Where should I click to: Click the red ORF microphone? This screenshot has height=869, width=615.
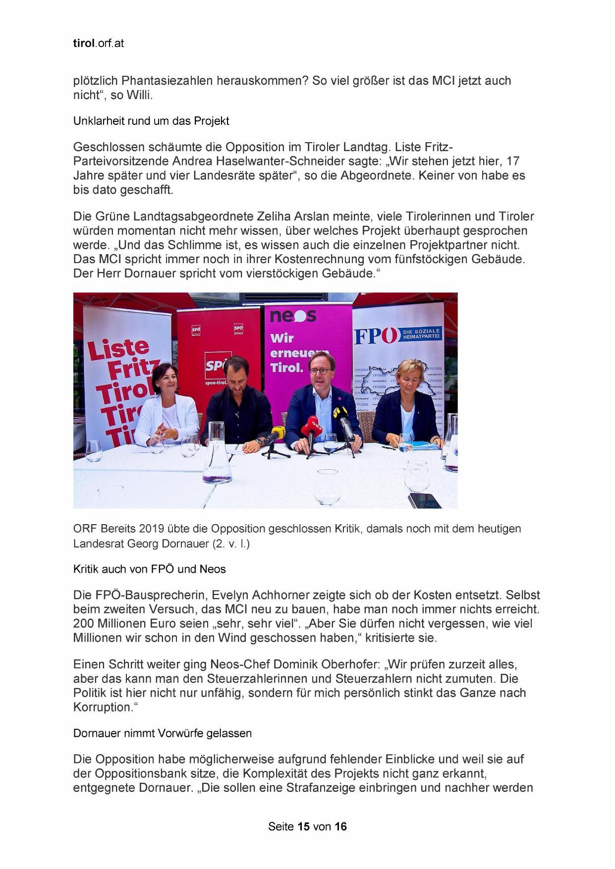click(x=313, y=425)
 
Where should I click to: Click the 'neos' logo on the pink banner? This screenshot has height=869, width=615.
click(x=293, y=316)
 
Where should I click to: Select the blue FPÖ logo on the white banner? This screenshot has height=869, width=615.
click(x=375, y=336)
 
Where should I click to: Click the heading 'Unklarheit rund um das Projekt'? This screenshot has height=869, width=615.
click(x=151, y=121)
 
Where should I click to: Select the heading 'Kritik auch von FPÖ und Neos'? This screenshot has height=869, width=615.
click(x=149, y=569)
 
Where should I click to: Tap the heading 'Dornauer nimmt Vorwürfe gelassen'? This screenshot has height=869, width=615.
click(x=162, y=733)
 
